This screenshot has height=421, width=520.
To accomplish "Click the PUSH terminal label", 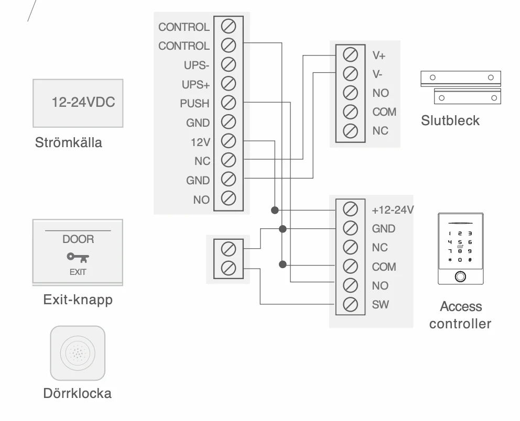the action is (194, 104).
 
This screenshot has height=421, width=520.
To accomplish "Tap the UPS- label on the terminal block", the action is (197, 65).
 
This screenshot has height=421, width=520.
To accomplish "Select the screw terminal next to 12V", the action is (229, 141).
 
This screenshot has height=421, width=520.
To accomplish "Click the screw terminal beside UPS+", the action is (229, 83).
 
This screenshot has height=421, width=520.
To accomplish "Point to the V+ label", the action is (378, 56).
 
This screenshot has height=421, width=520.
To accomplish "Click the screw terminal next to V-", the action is (350, 73).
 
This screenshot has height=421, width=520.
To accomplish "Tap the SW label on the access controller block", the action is (380, 305).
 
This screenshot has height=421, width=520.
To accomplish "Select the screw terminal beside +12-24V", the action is (350, 209).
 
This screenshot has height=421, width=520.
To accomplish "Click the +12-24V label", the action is (393, 210).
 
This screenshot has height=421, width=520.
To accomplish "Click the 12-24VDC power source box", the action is (78, 103).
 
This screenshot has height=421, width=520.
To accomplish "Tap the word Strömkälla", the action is (68, 143).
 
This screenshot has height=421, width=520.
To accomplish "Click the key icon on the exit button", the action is (78, 258).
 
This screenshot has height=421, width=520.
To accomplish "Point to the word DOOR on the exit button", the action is (78, 239).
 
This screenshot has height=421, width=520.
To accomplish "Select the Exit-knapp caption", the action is (78, 300).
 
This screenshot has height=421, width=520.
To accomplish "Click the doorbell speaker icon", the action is (78, 353).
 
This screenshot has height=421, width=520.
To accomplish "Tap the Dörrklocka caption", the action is (77, 393).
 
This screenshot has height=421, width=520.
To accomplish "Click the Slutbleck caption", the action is (450, 120).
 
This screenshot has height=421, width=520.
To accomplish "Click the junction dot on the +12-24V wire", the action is (275, 210).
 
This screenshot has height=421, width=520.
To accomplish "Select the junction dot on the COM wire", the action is (283, 264).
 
